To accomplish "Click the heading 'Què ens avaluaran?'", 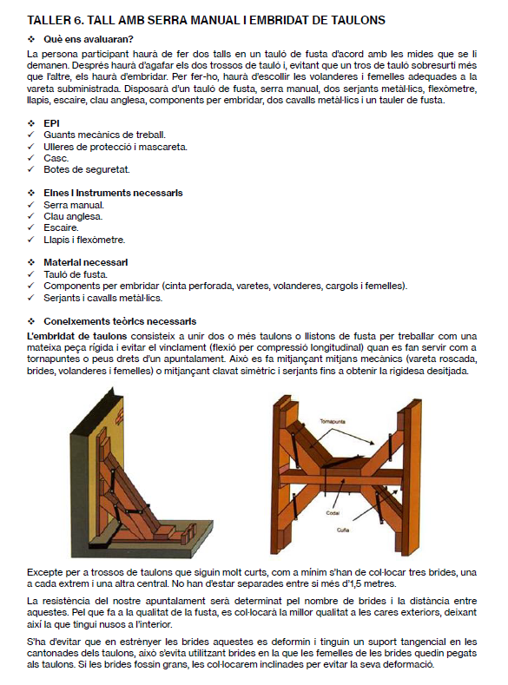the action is [x=89, y=39].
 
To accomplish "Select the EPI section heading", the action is [x=51, y=123].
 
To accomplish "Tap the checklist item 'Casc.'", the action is [x=56, y=158].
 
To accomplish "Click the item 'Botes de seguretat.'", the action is [x=87, y=169].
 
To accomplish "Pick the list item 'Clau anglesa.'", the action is [x=73, y=216].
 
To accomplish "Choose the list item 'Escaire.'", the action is [x=61, y=227].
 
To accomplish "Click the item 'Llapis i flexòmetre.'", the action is [x=84, y=240].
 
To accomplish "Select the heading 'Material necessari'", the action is [x=86, y=262].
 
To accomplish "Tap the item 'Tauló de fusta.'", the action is [x=76, y=274].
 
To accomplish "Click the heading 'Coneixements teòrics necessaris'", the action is [x=120, y=321].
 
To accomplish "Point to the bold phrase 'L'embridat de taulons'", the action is [x=77, y=336].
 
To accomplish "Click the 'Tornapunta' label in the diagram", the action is [x=333, y=422].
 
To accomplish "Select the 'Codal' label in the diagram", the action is [x=333, y=513].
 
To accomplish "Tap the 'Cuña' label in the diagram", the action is [x=343, y=530].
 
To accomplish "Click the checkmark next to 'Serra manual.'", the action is [x=30, y=205].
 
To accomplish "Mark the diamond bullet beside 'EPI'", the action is [x=31, y=123].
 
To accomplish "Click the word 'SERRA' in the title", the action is [x=168, y=20].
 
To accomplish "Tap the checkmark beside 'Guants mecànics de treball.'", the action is [x=30, y=135].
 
